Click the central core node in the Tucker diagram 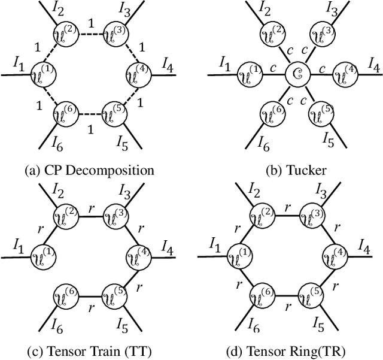(296, 75)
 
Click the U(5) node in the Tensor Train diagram (113, 296)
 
